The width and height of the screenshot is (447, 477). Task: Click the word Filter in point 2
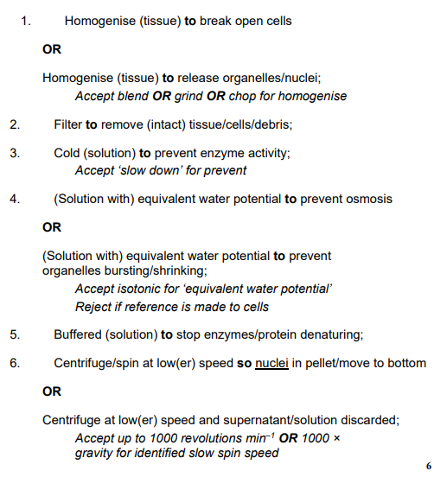click(67, 124)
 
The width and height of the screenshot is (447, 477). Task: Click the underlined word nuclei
click(273, 363)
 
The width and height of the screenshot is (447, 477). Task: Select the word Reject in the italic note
click(94, 306)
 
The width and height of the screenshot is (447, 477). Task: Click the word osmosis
click(367, 199)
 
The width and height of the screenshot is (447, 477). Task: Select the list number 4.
click(15, 199)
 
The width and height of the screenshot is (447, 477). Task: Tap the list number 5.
click(15, 334)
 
